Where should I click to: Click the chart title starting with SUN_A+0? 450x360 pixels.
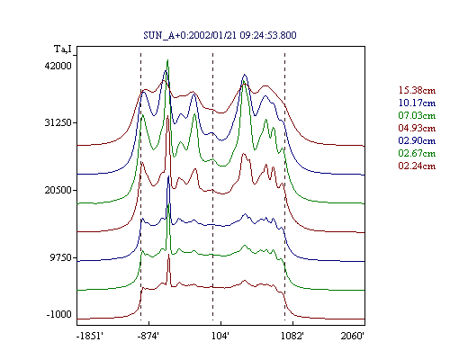click(x=220, y=35)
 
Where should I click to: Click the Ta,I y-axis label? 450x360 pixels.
click(x=63, y=49)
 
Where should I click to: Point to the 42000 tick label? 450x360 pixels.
click(x=58, y=66)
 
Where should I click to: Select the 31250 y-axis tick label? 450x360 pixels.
click(x=58, y=122)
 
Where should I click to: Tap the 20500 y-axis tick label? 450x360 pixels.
click(x=58, y=190)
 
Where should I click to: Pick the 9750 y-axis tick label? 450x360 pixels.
click(x=61, y=257)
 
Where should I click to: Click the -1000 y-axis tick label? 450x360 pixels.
click(x=59, y=314)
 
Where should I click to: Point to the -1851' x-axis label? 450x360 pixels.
click(x=90, y=336)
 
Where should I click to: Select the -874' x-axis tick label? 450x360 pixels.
click(x=148, y=336)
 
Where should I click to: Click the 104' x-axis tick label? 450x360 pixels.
click(x=220, y=336)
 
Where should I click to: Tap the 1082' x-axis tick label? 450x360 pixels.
click(x=292, y=336)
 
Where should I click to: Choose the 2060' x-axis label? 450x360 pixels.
click(x=353, y=336)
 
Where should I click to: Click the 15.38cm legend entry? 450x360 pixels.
click(x=417, y=90)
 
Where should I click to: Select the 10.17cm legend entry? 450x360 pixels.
click(x=417, y=103)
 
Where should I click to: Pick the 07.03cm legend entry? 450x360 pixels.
click(x=417, y=115)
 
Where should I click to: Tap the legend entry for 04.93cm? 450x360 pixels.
click(x=417, y=128)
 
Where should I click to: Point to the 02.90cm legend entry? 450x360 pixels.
click(x=417, y=140)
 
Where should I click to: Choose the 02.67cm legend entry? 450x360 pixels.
click(x=417, y=153)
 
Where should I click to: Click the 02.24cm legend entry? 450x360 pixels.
click(x=417, y=166)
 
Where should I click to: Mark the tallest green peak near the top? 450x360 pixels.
click(x=167, y=60)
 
